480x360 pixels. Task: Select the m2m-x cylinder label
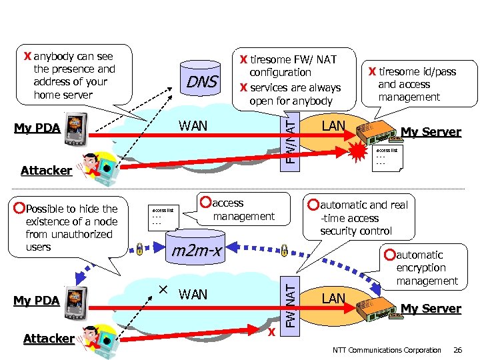click(x=197, y=251)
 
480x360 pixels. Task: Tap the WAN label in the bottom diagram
click(x=193, y=294)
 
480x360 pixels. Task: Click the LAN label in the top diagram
click(x=333, y=125)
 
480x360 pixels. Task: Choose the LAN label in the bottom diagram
click(x=333, y=298)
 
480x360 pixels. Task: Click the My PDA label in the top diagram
click(x=37, y=128)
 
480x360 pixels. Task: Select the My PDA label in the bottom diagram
click(x=37, y=301)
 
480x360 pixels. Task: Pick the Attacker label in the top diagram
click(x=46, y=171)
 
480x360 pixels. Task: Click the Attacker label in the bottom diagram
click(x=49, y=339)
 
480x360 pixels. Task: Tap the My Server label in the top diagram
click(x=431, y=132)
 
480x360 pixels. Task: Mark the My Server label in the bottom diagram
click(x=431, y=309)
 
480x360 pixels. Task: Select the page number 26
click(x=457, y=350)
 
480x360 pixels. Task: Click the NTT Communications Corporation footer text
click(x=387, y=350)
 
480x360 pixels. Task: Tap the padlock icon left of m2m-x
click(x=139, y=250)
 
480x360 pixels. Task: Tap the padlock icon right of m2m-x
click(x=284, y=251)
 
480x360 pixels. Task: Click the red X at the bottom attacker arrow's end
click(x=271, y=331)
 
